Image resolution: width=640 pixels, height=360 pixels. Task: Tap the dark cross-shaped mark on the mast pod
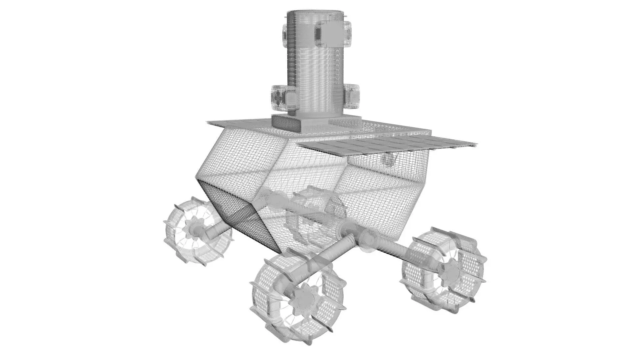click(277, 97)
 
